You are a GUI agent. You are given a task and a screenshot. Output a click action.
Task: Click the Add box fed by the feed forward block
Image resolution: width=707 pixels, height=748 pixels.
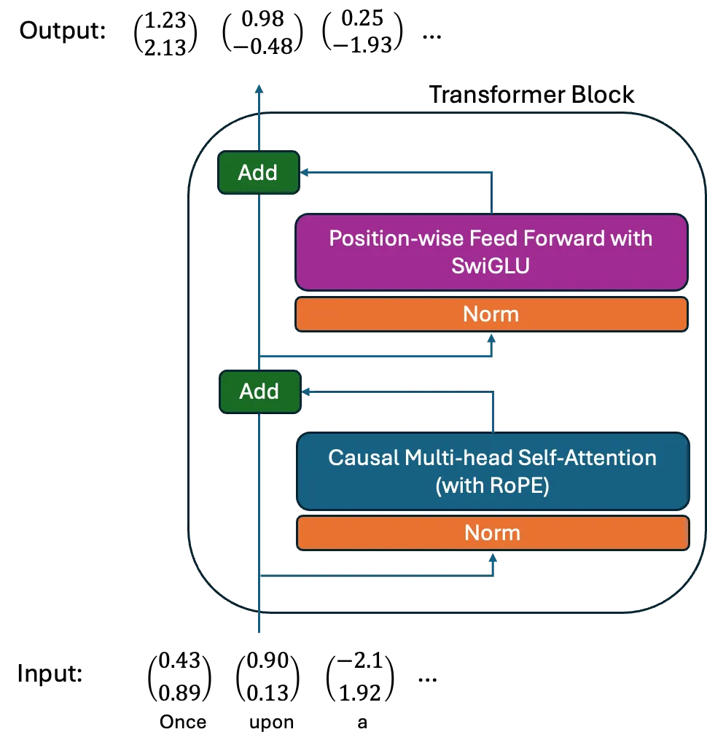click(x=258, y=173)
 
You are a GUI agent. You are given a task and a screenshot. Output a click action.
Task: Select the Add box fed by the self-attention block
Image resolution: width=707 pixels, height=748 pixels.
click(x=259, y=391)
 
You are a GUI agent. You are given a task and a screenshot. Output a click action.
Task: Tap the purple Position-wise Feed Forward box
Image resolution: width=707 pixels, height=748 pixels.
click(x=491, y=252)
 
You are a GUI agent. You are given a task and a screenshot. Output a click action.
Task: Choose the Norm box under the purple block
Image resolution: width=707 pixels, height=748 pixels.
click(x=491, y=314)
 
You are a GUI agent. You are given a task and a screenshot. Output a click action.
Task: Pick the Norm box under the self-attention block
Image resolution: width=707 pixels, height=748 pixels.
click(x=492, y=533)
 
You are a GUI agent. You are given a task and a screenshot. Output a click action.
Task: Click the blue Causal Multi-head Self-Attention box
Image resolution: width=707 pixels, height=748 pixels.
click(x=492, y=471)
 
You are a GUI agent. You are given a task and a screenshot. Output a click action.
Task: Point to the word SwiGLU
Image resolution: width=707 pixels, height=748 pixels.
click(x=491, y=265)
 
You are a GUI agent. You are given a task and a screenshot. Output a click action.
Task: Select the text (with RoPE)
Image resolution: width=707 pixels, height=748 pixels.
click(x=492, y=485)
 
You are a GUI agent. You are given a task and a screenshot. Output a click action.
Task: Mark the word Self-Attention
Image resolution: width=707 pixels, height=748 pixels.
click(x=587, y=457)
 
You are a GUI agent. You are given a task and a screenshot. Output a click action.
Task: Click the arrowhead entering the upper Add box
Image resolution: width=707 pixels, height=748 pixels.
click(x=305, y=173)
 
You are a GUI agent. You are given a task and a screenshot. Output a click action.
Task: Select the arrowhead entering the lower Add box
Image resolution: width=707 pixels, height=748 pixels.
click(x=308, y=391)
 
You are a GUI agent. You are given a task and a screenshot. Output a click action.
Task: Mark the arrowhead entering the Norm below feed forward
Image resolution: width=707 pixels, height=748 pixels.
click(x=492, y=339)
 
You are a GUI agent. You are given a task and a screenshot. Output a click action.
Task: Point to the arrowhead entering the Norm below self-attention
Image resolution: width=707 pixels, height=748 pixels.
click(x=493, y=558)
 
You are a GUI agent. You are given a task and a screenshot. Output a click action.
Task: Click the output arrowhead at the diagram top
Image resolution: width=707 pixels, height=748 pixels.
click(x=259, y=90)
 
